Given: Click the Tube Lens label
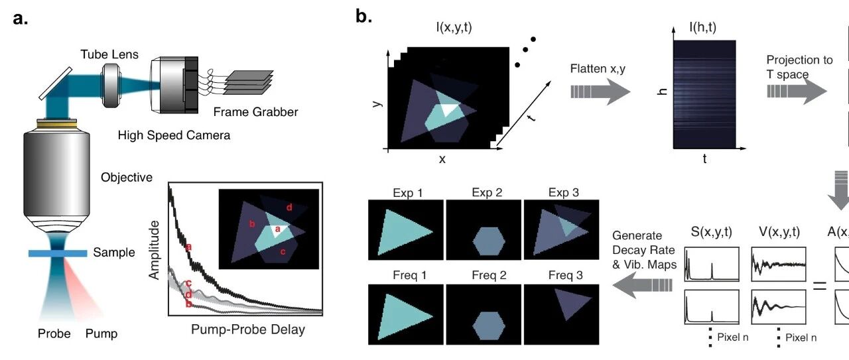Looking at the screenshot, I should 110,54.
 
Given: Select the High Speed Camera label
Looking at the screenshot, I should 174,135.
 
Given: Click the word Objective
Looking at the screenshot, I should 127,178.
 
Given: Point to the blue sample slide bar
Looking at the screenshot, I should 58,253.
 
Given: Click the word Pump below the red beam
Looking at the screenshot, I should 101,333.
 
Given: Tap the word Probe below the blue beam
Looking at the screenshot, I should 54,333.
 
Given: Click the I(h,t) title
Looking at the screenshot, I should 702,28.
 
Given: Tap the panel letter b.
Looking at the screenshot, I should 363,17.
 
